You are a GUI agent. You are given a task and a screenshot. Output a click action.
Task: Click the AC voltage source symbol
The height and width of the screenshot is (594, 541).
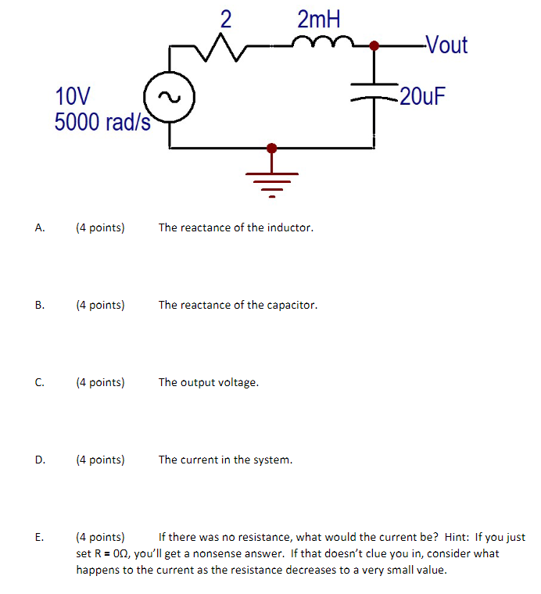click(169, 98)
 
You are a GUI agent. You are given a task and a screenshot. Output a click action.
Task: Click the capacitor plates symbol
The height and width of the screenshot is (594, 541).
click(374, 91)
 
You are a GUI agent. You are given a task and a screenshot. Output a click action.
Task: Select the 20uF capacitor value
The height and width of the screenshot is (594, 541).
click(422, 97)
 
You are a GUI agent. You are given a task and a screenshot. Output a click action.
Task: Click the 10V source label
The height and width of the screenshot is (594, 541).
click(73, 97)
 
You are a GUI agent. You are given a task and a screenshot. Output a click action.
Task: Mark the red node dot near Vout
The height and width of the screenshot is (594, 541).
click(374, 45)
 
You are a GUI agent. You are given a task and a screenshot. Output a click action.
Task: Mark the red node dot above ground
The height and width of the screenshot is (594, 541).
click(271, 147)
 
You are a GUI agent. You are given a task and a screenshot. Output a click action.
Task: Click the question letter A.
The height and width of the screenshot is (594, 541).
click(39, 228)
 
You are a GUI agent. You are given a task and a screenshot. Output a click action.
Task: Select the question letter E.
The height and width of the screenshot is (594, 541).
click(39, 537)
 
